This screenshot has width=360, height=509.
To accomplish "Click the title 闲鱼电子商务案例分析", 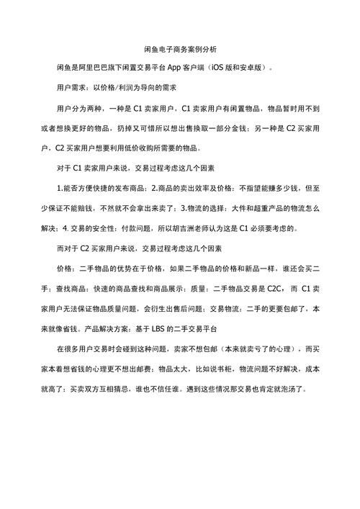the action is (x=179, y=49).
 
